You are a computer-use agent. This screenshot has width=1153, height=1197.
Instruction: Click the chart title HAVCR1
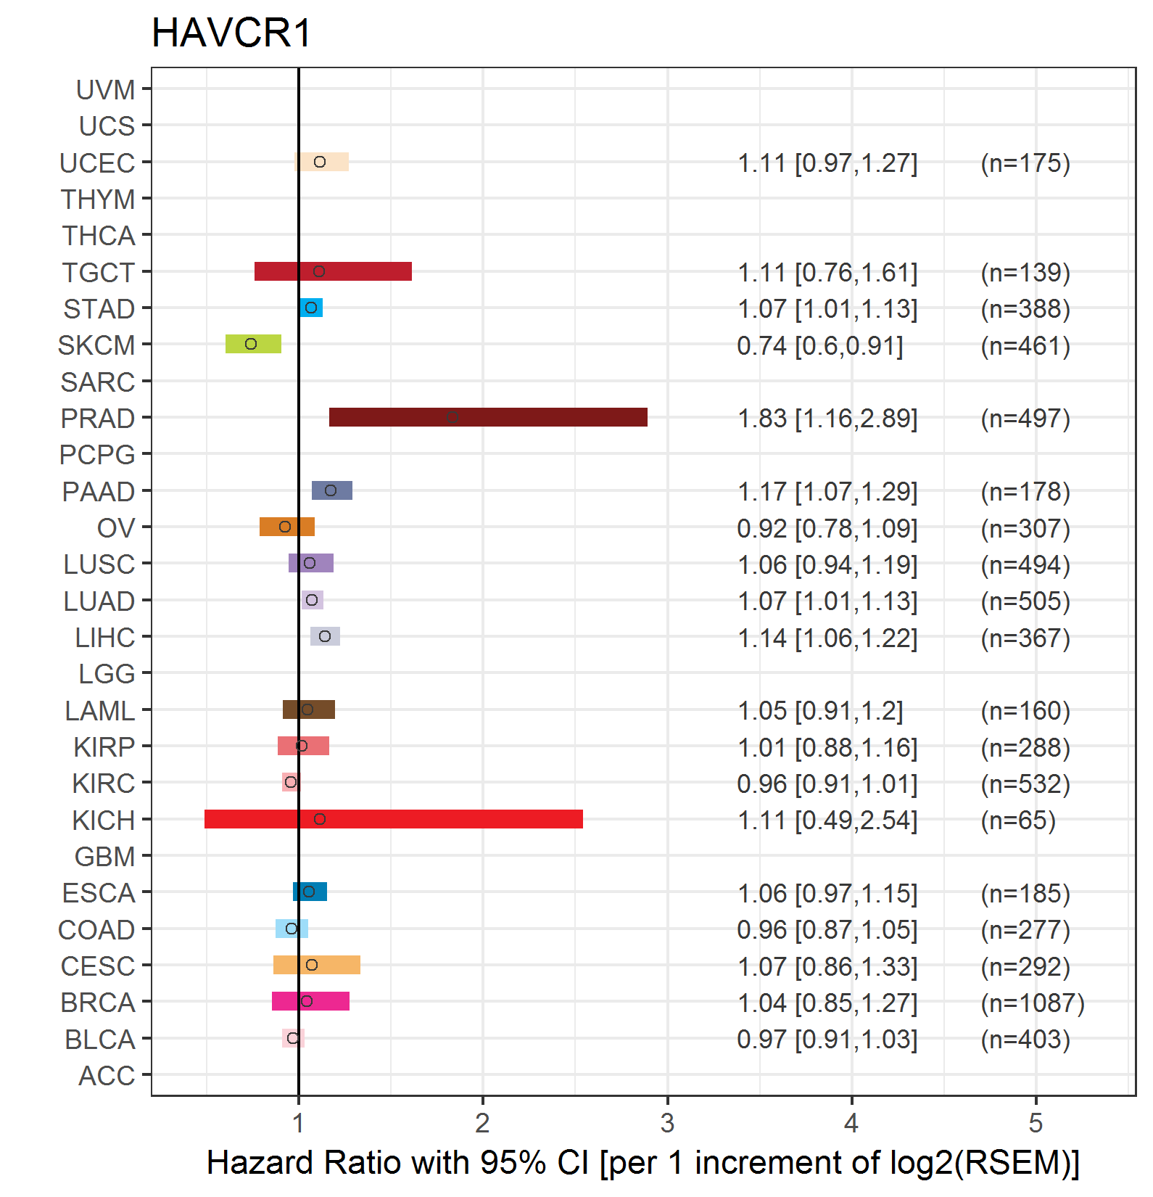click(232, 33)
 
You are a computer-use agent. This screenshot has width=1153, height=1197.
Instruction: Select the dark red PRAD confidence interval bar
click(488, 417)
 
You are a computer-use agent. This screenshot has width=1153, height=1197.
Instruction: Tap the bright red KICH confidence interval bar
click(394, 819)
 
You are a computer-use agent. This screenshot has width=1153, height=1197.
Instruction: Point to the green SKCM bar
click(253, 344)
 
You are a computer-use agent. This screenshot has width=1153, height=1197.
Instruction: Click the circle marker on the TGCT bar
click(319, 271)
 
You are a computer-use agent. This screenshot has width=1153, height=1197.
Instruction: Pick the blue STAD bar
click(311, 308)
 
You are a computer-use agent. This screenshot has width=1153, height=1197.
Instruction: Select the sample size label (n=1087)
click(1033, 1003)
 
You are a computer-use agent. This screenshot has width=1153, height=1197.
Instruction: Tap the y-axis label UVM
click(106, 90)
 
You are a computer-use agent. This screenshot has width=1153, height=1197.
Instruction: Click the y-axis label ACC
click(107, 1076)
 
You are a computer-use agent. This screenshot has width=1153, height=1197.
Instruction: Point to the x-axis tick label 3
click(667, 1123)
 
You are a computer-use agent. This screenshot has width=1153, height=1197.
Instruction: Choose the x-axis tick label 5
click(1036, 1123)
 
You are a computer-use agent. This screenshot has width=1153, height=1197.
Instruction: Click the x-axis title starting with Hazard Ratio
click(643, 1163)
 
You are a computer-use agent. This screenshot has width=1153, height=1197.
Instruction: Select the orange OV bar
click(287, 527)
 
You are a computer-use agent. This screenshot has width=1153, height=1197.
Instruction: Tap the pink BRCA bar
click(310, 1001)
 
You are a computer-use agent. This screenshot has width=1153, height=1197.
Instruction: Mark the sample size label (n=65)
click(1018, 820)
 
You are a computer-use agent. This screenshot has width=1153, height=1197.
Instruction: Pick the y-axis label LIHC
click(105, 638)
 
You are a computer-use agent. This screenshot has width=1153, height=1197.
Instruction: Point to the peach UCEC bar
click(322, 162)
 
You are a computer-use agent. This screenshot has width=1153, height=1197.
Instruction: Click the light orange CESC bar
click(317, 965)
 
